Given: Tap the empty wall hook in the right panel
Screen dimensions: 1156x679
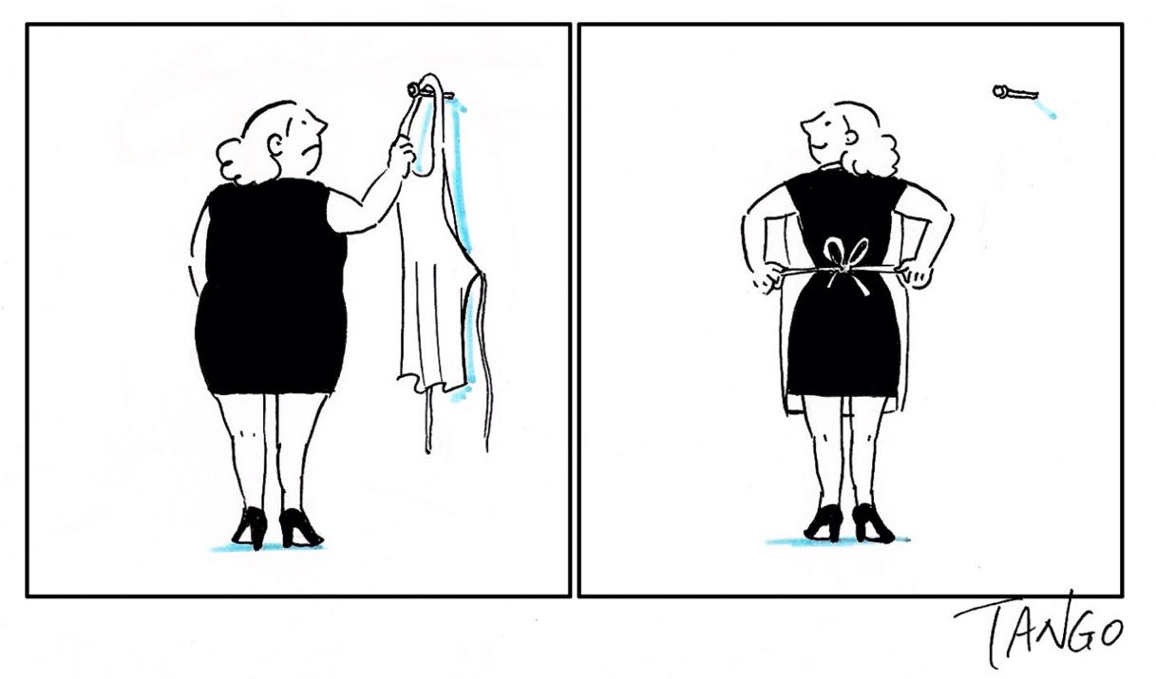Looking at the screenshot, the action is click(1014, 93).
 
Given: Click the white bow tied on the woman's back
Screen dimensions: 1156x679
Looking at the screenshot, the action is click(845, 264).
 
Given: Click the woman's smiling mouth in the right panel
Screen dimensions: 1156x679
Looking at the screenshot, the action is click(814, 144).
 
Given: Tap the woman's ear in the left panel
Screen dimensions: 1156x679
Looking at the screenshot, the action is click(275, 145).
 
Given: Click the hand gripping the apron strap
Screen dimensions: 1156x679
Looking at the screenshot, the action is click(402, 155).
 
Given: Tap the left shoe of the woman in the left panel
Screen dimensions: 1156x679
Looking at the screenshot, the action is click(251, 527).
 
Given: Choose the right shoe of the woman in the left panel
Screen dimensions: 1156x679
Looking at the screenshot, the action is click(300, 528).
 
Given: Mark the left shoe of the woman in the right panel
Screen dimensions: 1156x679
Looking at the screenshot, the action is click(824, 523).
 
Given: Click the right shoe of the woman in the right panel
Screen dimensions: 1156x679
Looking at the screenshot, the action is click(872, 523).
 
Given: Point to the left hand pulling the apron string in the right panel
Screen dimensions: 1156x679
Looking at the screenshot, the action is click(767, 277).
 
